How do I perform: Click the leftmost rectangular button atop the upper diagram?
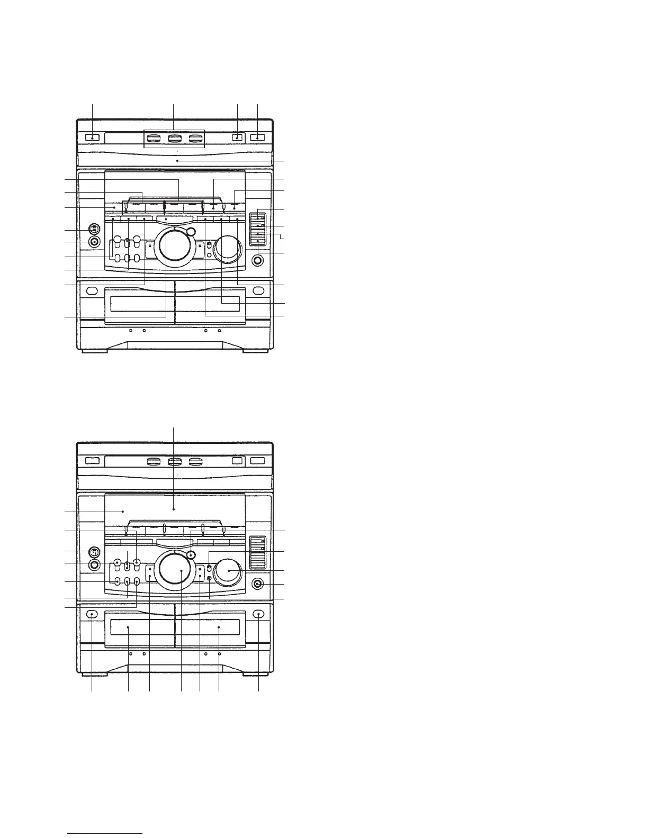pyautogui.click(x=92, y=138)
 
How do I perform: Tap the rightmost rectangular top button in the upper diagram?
pyautogui.click(x=258, y=138)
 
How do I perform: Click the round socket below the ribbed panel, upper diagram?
pyautogui.click(x=258, y=260)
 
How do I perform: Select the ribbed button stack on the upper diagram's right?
pyautogui.click(x=258, y=228)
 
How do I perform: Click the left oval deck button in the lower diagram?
pyautogui.click(x=92, y=614)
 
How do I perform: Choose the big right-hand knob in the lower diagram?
pyautogui.click(x=229, y=571)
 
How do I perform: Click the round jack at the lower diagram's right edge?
pyautogui.click(x=258, y=584)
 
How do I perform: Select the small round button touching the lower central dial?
pyautogui.click(x=191, y=555)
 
